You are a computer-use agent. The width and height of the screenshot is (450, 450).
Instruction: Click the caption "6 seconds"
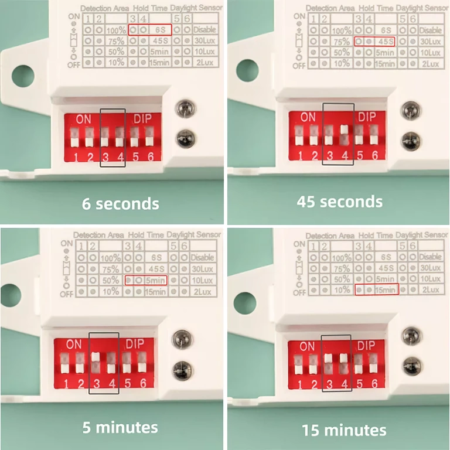tap(120, 203)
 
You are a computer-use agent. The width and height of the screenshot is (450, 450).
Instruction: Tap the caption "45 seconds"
tap(340, 202)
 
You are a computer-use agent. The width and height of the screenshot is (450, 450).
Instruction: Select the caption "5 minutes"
tap(120, 427)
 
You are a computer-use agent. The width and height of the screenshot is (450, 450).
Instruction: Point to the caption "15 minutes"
tap(344, 430)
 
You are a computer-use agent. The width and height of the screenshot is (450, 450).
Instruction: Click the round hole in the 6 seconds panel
tap(23, 76)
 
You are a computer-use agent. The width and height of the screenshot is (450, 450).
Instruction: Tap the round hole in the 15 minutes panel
tap(244, 302)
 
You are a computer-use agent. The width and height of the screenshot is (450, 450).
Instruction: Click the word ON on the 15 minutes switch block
tap(306, 346)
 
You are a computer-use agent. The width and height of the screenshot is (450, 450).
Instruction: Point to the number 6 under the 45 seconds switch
tap(375, 155)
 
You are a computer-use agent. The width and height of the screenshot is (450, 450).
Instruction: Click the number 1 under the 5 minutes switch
tap(66, 384)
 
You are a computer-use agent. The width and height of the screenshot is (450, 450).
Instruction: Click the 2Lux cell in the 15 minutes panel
tap(431, 289)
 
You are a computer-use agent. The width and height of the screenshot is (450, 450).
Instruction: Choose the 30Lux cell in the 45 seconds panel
tap(431, 42)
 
